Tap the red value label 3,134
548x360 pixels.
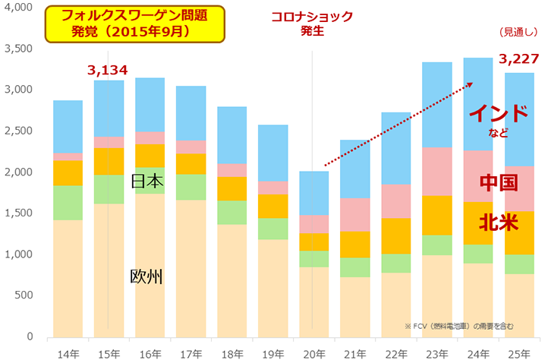(x=108, y=71)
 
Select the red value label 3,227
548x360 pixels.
(x=518, y=59)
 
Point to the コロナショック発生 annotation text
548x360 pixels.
(x=312, y=22)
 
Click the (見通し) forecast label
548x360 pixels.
(x=518, y=33)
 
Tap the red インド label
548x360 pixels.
(x=497, y=114)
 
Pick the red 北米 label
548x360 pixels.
(x=499, y=223)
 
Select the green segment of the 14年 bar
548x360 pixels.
(x=68, y=203)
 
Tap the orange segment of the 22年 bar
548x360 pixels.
(x=395, y=236)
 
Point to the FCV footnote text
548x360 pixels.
(x=458, y=326)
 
